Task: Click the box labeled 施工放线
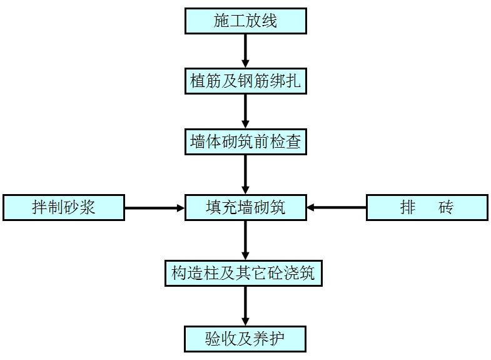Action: [245, 21]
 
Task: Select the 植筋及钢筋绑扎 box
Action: [245, 81]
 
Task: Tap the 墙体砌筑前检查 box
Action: [245, 142]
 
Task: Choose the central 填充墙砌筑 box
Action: [245, 207]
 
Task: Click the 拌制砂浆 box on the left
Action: [63, 207]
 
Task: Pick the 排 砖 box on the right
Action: [427, 207]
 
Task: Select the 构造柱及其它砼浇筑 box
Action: [243, 273]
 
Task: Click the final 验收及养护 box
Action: [245, 339]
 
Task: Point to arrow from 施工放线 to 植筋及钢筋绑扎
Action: [245, 51]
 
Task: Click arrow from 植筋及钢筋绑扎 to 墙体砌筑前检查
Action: [245, 111]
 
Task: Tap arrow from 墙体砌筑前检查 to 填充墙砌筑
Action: [245, 173]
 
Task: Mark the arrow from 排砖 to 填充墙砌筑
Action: [337, 207]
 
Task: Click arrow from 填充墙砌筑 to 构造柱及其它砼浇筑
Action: [245, 240]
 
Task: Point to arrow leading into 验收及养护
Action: [245, 306]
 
